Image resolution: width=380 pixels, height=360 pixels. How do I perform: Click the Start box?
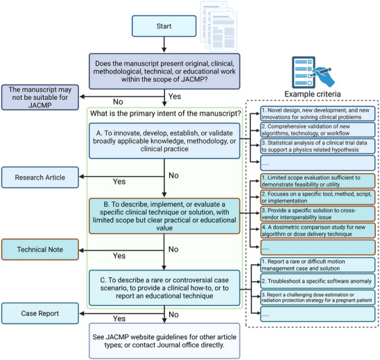tap(164, 26)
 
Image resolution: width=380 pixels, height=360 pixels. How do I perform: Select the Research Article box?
tap(40, 177)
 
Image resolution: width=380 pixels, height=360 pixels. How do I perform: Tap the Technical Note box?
tap(40, 250)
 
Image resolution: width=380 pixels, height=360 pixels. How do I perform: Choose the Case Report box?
tap(40, 314)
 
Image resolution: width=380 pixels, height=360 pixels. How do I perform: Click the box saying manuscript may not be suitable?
tap(40, 97)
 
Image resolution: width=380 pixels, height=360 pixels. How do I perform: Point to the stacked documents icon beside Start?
tap(218, 26)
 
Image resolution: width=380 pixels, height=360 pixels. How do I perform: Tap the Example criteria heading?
tap(313, 94)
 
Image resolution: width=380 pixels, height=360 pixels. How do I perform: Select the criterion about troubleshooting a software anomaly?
tap(318, 281)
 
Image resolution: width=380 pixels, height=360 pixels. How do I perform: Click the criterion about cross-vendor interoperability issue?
tap(318, 214)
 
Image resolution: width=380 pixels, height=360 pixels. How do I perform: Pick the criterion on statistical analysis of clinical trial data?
tap(318, 146)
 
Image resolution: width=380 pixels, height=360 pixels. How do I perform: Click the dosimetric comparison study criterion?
tap(318, 230)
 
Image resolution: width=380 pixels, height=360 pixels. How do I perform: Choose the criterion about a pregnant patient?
tap(318, 297)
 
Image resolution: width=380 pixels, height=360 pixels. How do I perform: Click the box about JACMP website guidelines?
tap(164, 341)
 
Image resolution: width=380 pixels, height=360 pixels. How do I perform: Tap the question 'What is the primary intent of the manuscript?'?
tap(166, 114)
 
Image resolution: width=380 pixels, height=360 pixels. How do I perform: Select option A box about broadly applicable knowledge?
tap(164, 141)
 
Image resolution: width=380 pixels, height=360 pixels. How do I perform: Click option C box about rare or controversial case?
tap(164, 288)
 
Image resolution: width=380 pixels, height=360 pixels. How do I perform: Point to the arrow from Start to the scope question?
tap(164, 44)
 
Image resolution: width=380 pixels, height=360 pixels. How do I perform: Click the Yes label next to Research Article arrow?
tap(119, 182)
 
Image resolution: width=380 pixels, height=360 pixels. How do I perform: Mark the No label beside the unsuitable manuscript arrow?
tap(118, 102)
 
